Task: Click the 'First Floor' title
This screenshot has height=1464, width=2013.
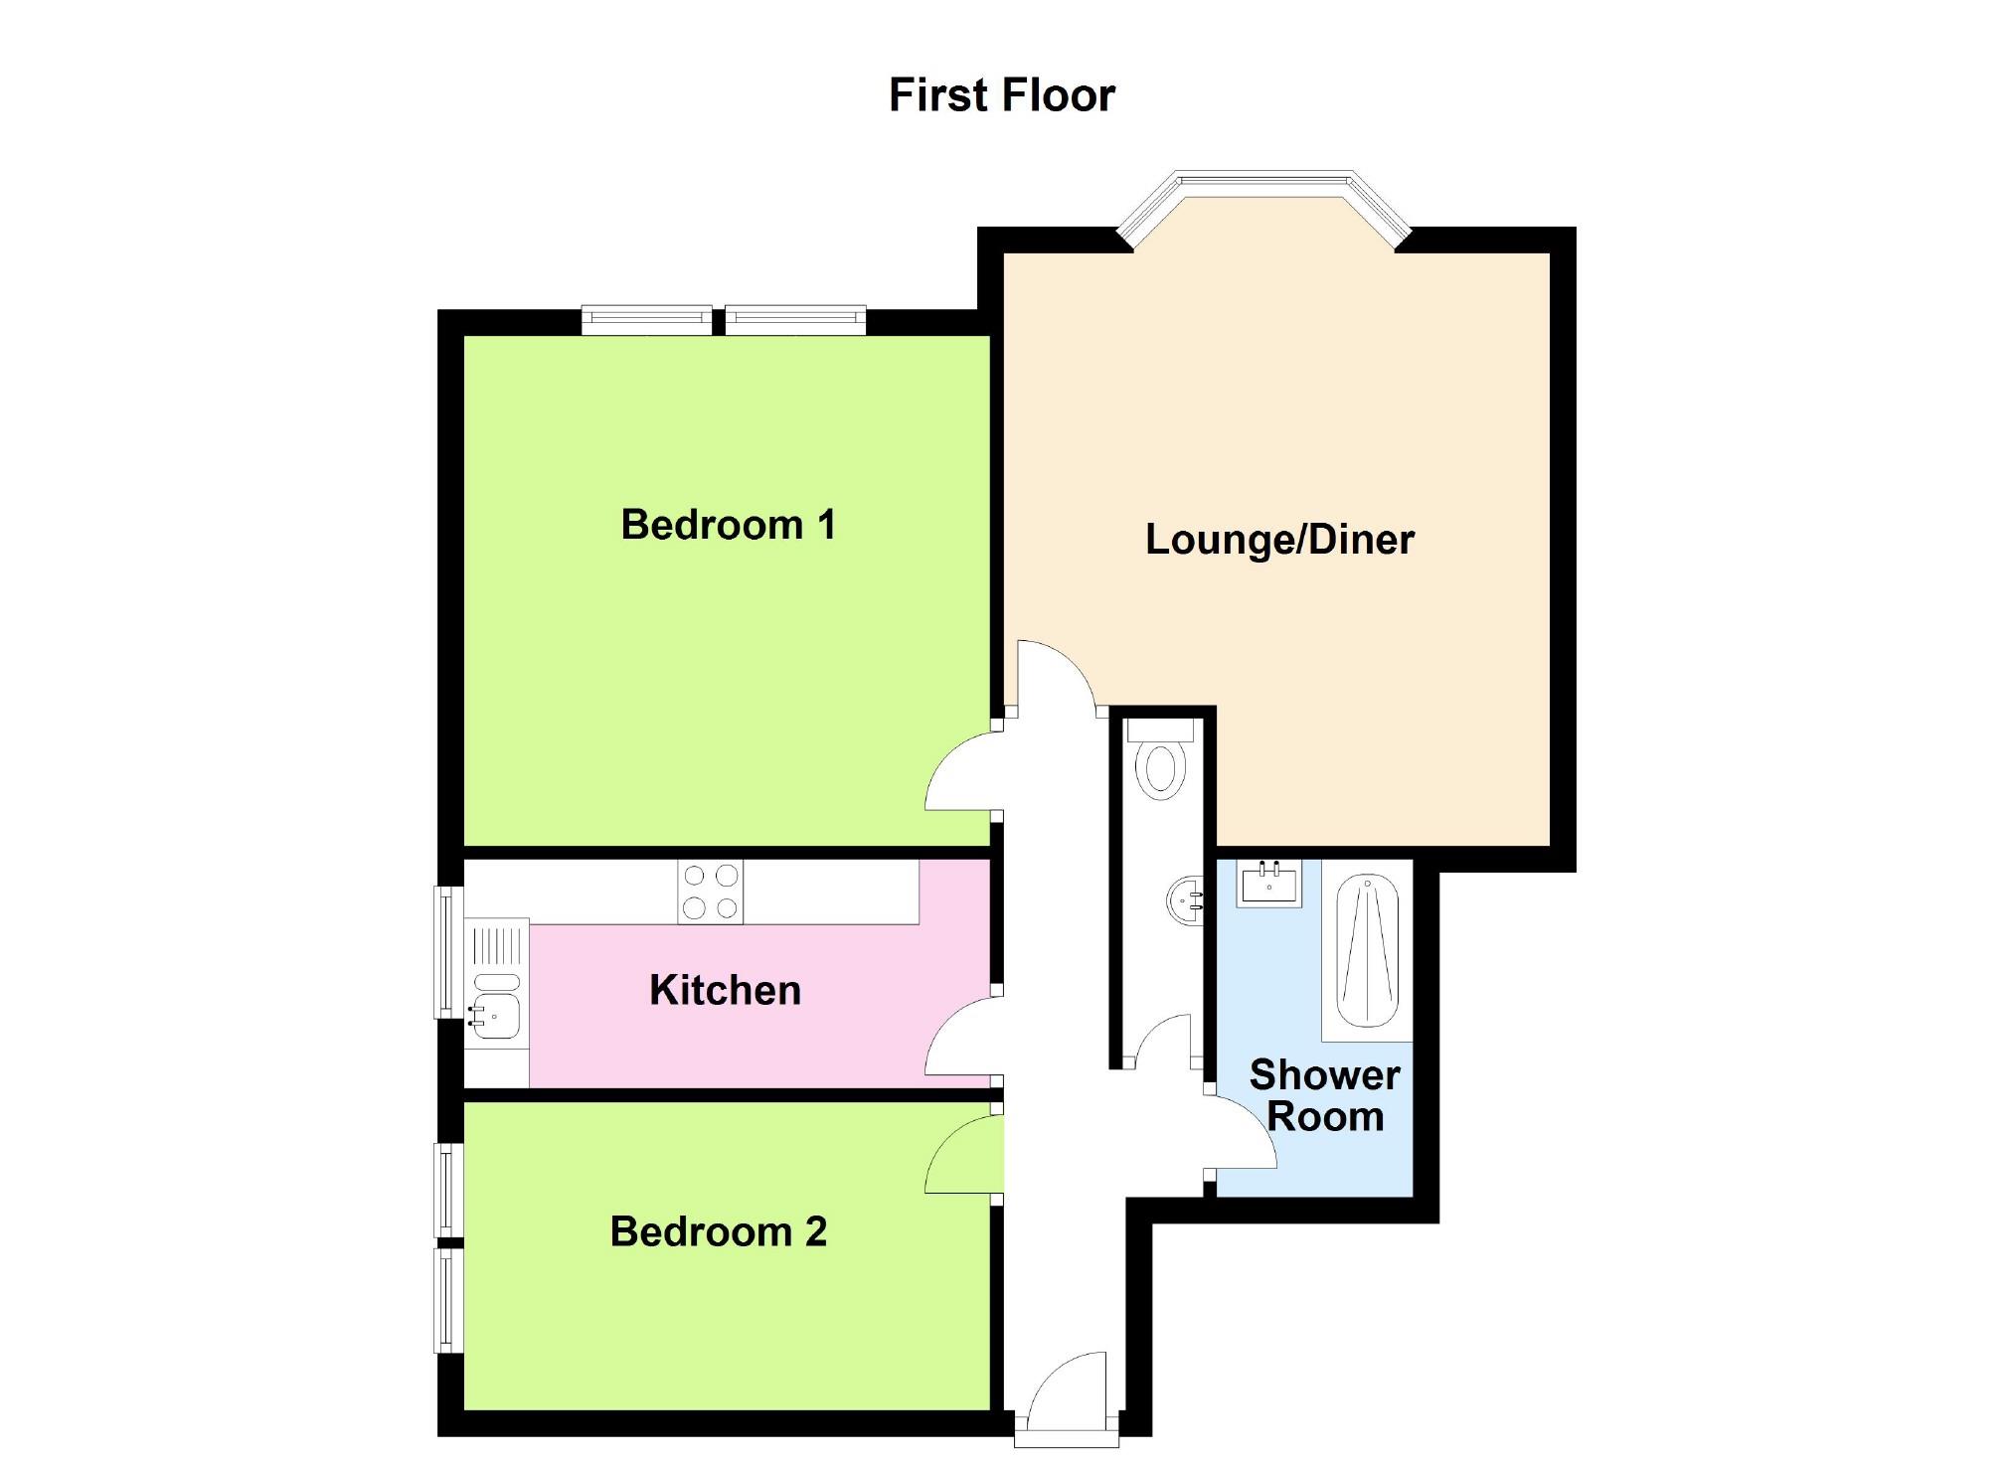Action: coord(1002,95)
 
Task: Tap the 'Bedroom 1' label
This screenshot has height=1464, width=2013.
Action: coord(728,525)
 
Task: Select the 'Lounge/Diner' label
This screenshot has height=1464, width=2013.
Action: coord(1279,540)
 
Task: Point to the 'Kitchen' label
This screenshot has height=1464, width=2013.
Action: coord(725,991)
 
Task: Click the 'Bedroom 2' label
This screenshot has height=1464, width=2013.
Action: coord(718,1231)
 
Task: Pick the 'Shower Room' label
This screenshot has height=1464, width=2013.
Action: coord(1324,1095)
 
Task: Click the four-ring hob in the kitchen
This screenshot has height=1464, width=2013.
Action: coord(710,892)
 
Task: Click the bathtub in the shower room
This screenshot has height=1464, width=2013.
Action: coord(1367,953)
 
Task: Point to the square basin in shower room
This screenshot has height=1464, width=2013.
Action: coord(1268,883)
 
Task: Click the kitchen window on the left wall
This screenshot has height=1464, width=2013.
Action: coord(449,952)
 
